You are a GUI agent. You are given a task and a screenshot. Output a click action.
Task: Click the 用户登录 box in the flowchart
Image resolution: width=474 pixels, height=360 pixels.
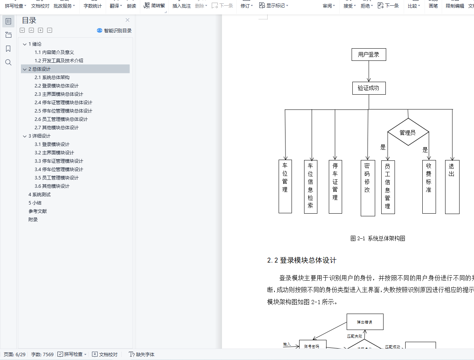(x=368, y=55)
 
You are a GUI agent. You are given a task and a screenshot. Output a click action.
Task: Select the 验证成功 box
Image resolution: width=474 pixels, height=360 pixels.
(x=368, y=88)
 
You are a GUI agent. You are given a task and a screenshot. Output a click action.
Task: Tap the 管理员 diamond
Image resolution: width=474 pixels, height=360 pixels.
(x=408, y=132)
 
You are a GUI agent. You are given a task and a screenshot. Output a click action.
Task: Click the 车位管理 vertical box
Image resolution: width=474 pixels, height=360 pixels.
(x=285, y=186)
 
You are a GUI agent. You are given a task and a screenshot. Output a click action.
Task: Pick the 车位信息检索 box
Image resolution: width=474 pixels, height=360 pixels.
(x=311, y=186)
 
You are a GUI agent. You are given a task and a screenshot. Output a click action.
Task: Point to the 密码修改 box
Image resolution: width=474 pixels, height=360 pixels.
(x=368, y=188)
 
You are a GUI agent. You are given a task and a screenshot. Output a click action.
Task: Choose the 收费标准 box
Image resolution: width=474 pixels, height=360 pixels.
(x=429, y=186)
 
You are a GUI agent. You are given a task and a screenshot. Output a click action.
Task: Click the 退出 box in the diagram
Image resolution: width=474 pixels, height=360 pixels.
(x=452, y=186)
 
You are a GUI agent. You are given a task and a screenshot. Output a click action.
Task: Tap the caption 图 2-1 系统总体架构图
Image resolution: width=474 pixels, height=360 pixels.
(x=377, y=238)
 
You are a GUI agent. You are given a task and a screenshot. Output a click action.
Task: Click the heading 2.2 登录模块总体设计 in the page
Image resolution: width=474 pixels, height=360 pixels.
(x=301, y=260)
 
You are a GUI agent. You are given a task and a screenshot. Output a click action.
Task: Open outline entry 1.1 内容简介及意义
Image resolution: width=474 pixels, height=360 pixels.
(x=54, y=52)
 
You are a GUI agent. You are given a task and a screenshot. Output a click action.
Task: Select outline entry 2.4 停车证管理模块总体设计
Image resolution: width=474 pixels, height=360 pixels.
(x=63, y=103)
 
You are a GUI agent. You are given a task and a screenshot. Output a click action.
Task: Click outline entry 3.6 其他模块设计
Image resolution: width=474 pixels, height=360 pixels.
(x=52, y=186)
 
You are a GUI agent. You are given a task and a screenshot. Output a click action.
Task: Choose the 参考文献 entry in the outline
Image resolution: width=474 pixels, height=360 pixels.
(x=38, y=211)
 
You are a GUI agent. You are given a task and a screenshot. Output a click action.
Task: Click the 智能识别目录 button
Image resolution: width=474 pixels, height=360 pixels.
(x=114, y=30)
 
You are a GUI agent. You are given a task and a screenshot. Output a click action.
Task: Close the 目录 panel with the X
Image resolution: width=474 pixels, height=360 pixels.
(x=127, y=20)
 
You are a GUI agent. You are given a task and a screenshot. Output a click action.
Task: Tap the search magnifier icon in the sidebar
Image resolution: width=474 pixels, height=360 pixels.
(x=8, y=62)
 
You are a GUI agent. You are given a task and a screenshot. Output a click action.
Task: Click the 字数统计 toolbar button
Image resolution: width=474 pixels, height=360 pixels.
(x=93, y=6)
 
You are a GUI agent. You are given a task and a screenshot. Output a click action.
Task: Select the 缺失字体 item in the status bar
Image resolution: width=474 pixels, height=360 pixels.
(x=142, y=354)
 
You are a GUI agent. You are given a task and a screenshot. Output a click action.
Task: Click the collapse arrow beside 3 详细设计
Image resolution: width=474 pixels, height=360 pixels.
(x=25, y=136)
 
